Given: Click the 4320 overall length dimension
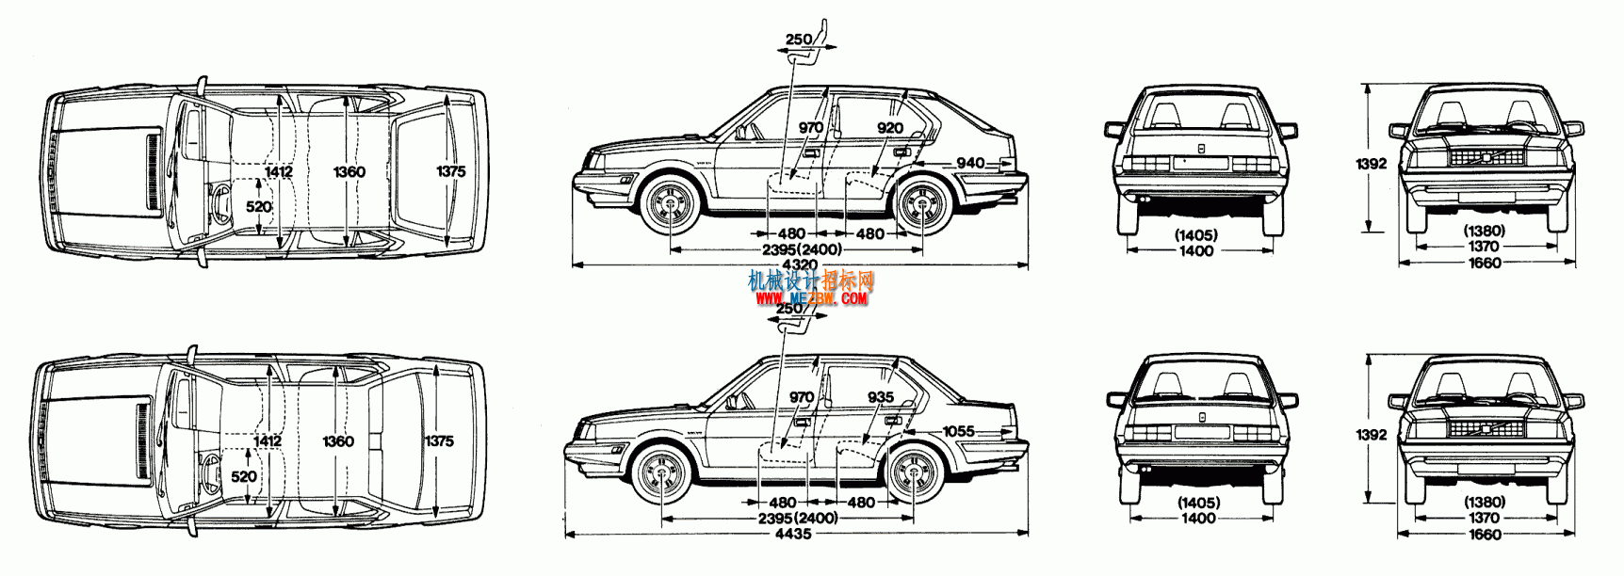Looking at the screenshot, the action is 800,265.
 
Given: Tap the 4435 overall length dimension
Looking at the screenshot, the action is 793,534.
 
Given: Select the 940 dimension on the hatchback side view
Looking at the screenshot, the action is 970,163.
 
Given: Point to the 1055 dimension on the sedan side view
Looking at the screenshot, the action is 958,431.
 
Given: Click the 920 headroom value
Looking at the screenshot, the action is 889,128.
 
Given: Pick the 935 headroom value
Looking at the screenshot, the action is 881,397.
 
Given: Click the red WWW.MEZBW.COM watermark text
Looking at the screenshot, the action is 811,298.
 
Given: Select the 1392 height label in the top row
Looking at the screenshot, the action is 1372,164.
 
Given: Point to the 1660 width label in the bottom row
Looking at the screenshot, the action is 1485,535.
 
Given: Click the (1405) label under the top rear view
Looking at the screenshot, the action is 1196,235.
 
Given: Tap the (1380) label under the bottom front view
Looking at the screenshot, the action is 1484,502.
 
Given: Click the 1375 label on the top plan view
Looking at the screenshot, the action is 450,171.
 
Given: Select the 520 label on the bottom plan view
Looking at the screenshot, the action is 244,476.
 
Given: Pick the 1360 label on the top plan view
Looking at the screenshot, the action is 349,171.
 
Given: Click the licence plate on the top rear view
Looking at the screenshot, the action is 1200,162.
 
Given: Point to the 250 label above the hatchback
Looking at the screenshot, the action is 798,40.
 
